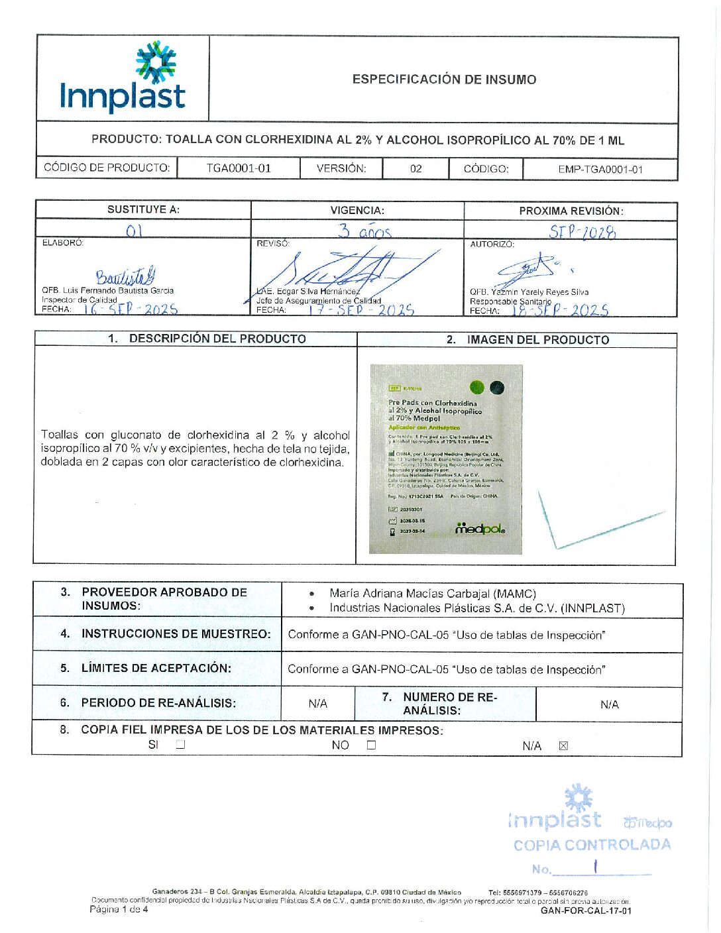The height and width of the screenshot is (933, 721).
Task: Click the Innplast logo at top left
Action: (x=123, y=78)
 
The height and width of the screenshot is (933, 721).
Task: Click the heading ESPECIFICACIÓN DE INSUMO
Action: (x=444, y=80)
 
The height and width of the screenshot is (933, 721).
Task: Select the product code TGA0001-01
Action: (x=239, y=168)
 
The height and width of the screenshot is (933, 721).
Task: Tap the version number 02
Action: (x=416, y=169)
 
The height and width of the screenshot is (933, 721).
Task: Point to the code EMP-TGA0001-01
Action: (x=600, y=170)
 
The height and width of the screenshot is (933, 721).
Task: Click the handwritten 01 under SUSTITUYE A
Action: (x=134, y=231)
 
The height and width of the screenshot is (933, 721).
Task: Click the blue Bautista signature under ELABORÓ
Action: (x=125, y=276)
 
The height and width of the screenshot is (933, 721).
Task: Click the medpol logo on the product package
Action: (x=480, y=529)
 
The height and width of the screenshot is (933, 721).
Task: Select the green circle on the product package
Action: (x=476, y=387)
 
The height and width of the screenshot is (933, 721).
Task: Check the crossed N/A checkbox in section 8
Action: (x=563, y=745)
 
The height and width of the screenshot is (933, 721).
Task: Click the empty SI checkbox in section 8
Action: (x=180, y=744)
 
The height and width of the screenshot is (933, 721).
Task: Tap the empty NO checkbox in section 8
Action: (x=371, y=745)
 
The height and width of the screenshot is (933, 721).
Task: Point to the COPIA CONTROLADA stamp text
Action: (x=592, y=845)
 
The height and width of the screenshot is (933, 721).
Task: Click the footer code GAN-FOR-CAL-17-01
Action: (x=586, y=910)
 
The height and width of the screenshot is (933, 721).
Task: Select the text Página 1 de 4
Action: (x=119, y=909)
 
